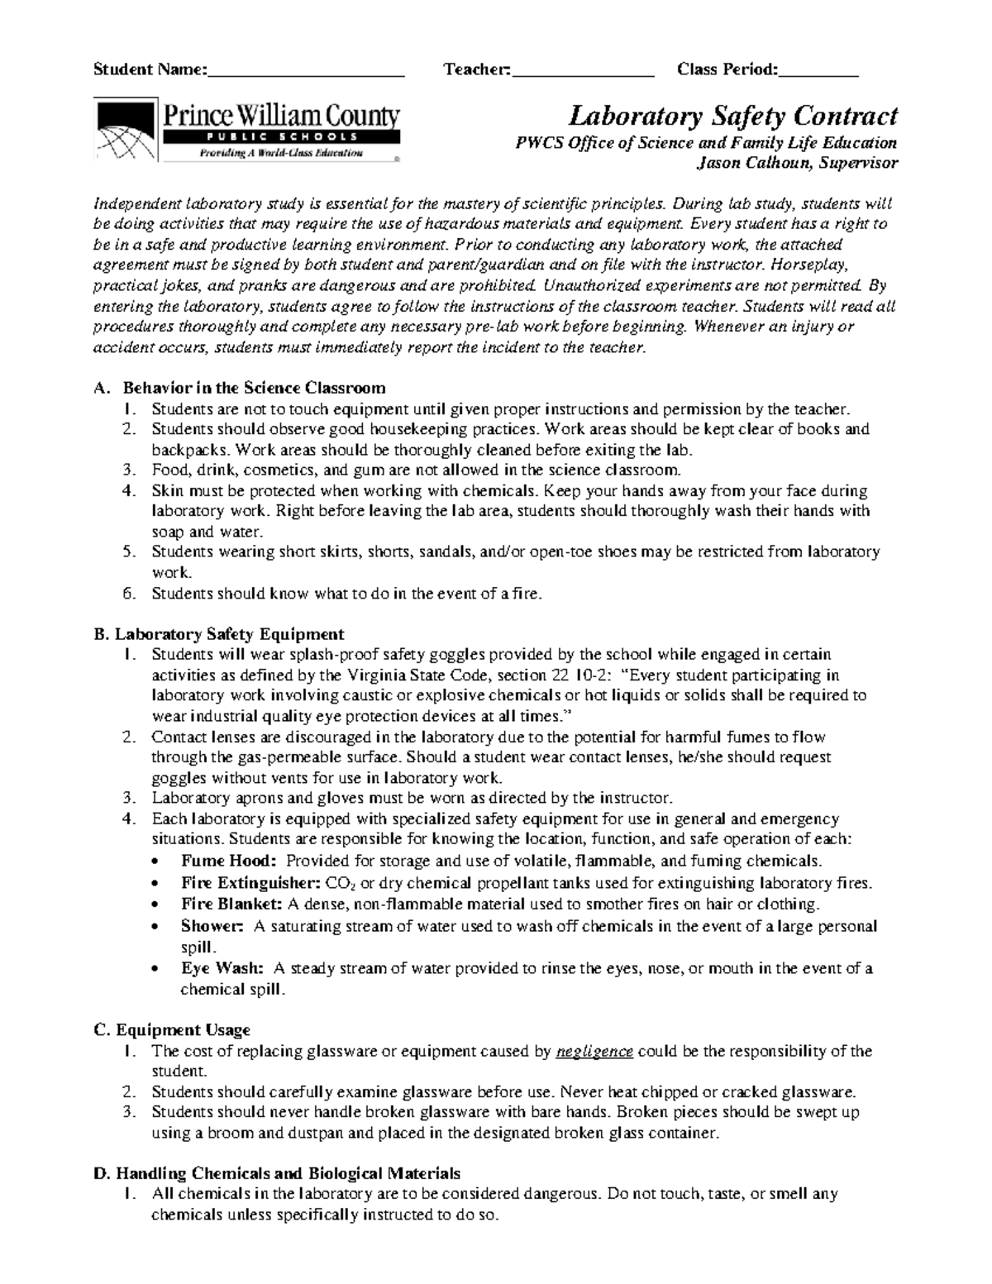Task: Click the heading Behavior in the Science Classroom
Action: (x=254, y=388)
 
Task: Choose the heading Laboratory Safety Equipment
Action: (x=229, y=634)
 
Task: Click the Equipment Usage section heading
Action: (x=183, y=1029)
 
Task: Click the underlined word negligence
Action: (x=595, y=1052)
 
